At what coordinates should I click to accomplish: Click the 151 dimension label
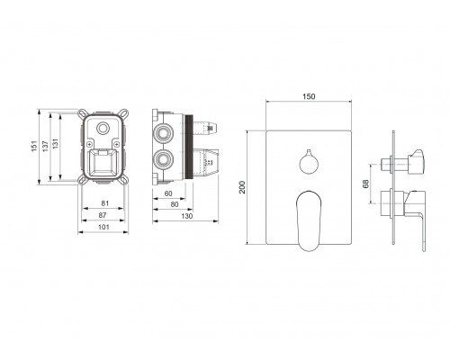tap(35, 146)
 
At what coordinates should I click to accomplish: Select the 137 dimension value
tap(45, 146)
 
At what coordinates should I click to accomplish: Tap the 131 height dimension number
tap(55, 144)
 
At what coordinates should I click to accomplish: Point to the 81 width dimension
tap(104, 203)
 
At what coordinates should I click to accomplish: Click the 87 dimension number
tap(103, 215)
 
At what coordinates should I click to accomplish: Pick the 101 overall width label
tap(103, 227)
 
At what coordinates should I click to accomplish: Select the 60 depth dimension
tap(168, 193)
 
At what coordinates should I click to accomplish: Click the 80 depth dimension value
tap(175, 204)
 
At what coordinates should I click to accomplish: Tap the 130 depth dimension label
tap(187, 216)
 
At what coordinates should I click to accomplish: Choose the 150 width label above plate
tap(309, 96)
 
